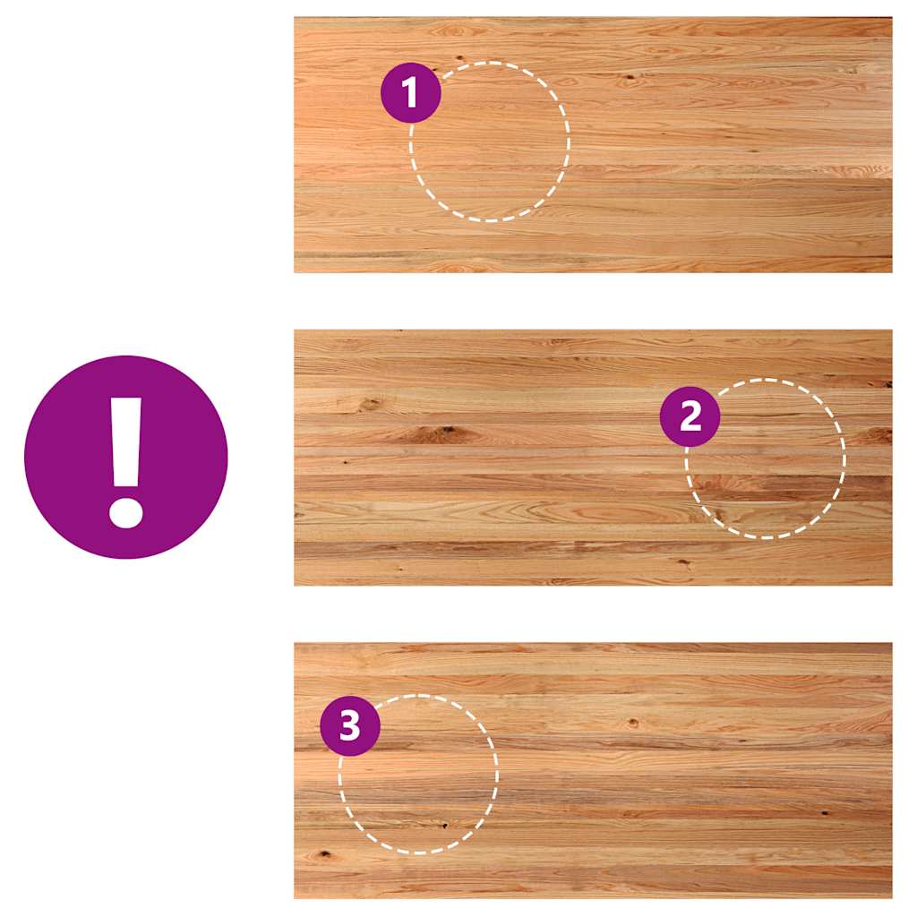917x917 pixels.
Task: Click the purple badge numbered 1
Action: coord(410,92)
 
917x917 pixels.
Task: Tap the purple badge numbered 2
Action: coord(690,416)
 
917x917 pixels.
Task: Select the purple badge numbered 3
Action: coord(350,725)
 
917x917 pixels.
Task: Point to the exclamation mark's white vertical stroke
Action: coord(125,442)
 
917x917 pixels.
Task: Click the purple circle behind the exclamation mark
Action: coord(125,458)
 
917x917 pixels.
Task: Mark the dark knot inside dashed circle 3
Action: coord(446,826)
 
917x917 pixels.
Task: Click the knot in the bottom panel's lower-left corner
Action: coord(323,855)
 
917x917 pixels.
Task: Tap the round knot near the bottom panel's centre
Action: coord(632,724)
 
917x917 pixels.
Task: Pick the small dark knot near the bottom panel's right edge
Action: coord(825,813)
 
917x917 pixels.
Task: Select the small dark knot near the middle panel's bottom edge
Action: coord(685,563)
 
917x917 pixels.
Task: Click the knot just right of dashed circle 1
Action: coord(629,78)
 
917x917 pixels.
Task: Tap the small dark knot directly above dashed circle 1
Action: coord(459,57)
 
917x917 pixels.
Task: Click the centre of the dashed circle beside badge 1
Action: coord(490,141)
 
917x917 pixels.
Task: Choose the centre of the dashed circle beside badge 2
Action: coord(766,459)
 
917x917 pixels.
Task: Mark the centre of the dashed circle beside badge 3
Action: coord(419,775)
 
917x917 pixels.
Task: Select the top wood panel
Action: coord(593,144)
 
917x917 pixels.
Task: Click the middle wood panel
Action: coord(593,458)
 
